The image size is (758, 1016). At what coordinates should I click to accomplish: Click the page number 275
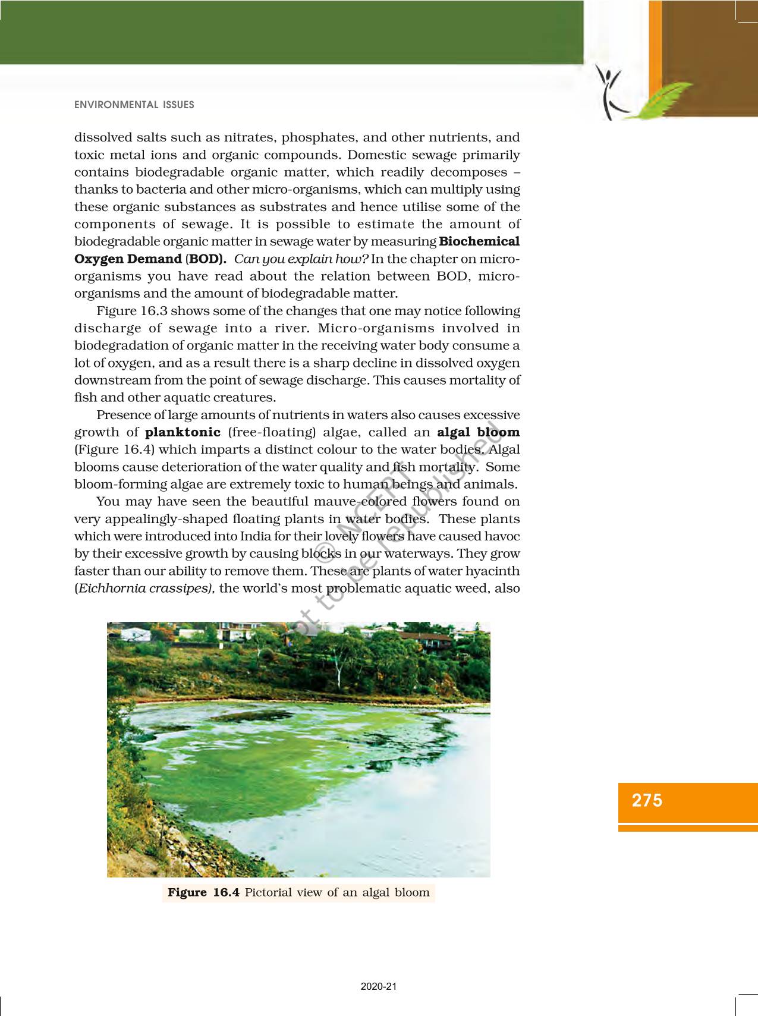pos(647,800)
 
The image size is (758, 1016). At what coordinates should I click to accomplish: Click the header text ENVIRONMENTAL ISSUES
pos(134,105)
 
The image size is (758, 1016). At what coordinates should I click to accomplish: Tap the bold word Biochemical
pos(479,241)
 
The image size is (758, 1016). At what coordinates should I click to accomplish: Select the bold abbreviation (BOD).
pos(206,259)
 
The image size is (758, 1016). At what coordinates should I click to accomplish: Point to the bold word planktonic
pos(183,432)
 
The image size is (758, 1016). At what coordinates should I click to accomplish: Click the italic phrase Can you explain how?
pos(301,259)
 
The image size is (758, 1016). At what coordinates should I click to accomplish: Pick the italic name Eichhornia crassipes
pos(146,588)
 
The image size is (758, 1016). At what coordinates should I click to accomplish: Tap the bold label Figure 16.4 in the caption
pos(203,892)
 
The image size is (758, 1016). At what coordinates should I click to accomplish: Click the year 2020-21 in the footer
pos(379,986)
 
